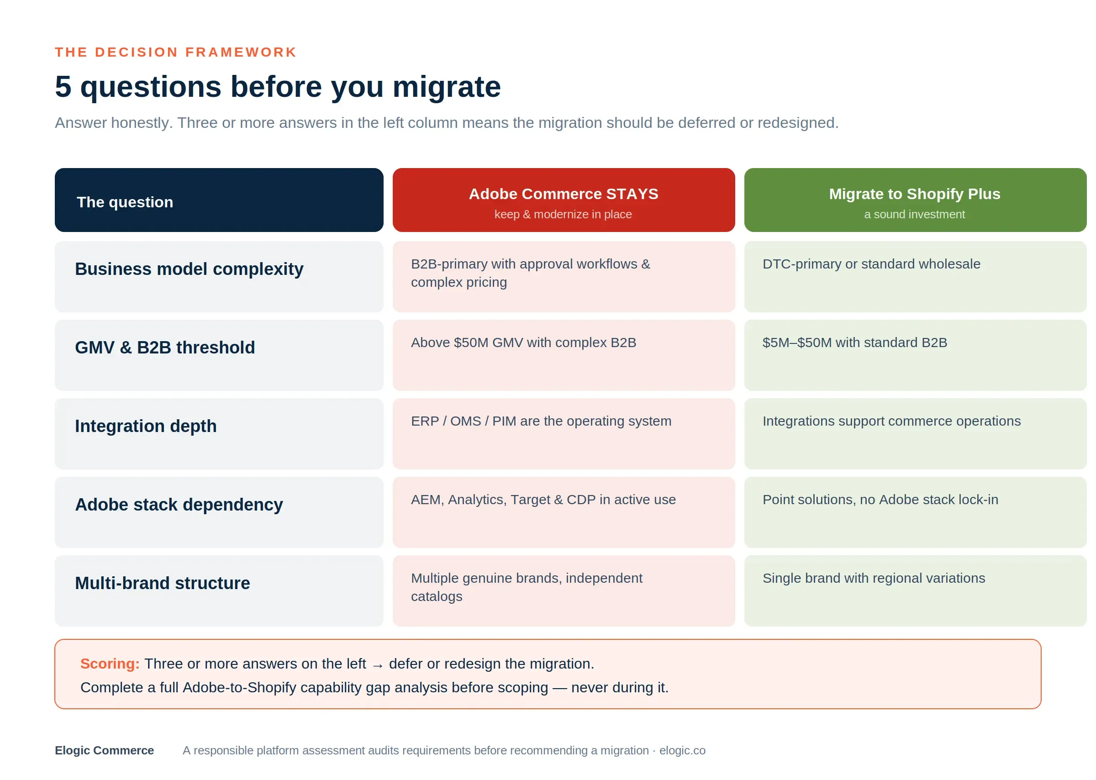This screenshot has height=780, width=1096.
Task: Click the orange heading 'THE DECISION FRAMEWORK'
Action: tap(175, 52)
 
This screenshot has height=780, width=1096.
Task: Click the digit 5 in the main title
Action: tap(63, 86)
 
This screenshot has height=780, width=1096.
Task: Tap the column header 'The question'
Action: tap(125, 202)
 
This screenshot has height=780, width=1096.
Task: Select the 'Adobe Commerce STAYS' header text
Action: tap(563, 194)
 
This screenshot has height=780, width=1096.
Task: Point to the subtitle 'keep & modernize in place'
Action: tap(563, 214)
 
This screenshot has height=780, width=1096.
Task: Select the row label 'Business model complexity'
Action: tap(189, 269)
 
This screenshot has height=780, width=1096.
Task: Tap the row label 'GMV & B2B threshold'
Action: tap(165, 347)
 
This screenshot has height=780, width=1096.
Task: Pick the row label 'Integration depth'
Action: tap(146, 426)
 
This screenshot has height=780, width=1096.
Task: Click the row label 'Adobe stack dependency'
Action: tap(179, 504)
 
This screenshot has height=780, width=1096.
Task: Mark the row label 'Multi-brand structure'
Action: tap(162, 583)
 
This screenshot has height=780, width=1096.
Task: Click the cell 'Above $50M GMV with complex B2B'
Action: tap(523, 343)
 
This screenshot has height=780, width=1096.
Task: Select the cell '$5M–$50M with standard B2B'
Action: tap(855, 343)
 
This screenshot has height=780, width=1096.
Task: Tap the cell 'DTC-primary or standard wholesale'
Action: tap(871, 264)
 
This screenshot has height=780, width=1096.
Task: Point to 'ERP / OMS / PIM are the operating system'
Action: tap(541, 421)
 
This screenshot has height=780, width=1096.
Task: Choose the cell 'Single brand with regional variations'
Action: tap(874, 578)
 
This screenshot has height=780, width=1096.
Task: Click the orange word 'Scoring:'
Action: tap(110, 664)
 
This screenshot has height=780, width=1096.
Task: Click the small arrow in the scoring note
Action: tap(378, 666)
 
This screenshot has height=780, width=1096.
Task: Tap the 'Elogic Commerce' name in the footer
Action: tap(104, 750)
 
